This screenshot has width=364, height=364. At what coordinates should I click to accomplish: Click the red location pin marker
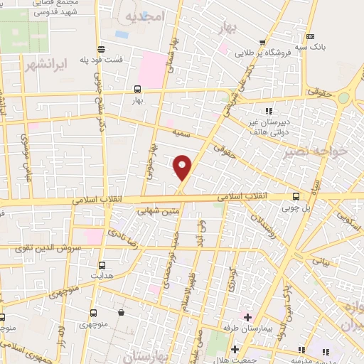[183, 166]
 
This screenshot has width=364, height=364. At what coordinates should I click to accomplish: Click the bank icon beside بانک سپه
[309, 36]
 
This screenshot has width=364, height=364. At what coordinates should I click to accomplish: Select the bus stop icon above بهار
[137, 90]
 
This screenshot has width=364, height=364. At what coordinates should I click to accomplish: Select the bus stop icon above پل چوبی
[296, 197]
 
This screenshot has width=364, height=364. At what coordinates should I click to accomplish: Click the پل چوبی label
[296, 210]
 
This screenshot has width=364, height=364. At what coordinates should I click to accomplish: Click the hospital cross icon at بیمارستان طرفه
[247, 316]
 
